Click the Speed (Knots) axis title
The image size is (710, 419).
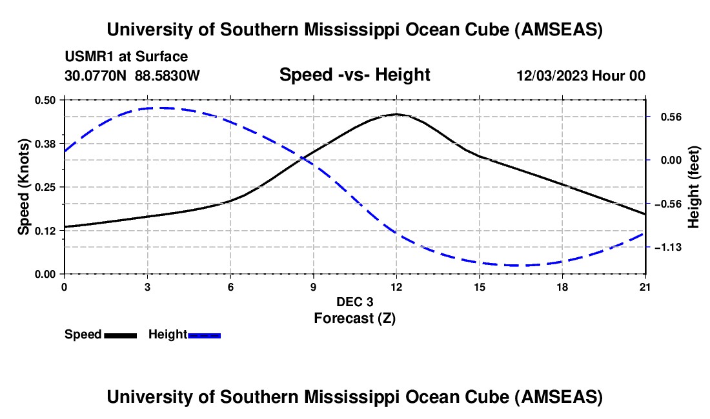click(x=24, y=187)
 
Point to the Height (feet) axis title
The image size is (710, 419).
click(x=695, y=187)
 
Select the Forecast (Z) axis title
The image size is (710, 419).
click(x=354, y=318)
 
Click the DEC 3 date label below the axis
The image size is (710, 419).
click(x=354, y=302)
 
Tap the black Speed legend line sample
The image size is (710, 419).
click(x=120, y=335)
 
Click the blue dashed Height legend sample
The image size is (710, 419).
click(x=204, y=335)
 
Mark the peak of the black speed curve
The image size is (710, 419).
click(x=396, y=114)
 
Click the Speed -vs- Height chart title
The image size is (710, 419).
click(x=354, y=75)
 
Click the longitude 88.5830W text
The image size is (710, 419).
click(x=168, y=75)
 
